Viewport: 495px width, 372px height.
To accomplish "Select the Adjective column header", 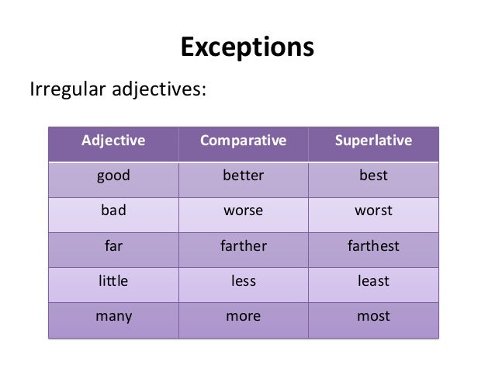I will [113, 142].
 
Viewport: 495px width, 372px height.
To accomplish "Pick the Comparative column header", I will [243, 142].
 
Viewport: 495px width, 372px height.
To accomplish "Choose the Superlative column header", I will [373, 142].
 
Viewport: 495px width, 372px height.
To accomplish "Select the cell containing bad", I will [113, 211].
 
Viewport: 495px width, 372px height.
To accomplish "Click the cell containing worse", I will [243, 211].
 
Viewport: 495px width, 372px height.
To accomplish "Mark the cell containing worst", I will [373, 211].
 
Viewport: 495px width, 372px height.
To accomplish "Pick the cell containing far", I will [113, 246].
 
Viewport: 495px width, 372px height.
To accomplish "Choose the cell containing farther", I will [243, 246].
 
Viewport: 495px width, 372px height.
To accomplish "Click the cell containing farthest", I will [373, 246].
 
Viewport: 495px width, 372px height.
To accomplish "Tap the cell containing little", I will [113, 281].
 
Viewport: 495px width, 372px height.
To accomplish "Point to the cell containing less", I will [243, 281].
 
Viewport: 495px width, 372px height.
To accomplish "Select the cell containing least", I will [373, 281].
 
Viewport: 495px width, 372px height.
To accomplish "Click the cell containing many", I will [113, 317].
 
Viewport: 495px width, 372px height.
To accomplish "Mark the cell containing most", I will [373, 317].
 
